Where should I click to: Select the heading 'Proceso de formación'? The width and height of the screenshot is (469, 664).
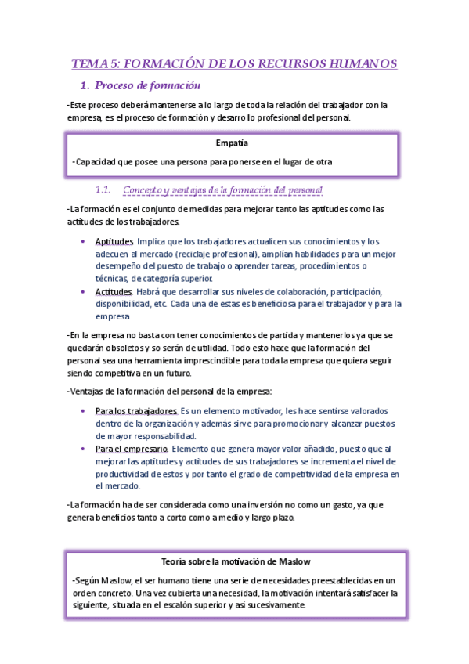149,85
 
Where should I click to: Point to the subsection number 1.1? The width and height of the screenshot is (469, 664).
103,190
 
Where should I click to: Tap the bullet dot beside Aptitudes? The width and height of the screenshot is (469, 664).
83,241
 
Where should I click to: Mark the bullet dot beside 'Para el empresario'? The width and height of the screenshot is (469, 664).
83,449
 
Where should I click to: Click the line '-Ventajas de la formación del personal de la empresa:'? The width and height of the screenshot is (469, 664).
179,392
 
